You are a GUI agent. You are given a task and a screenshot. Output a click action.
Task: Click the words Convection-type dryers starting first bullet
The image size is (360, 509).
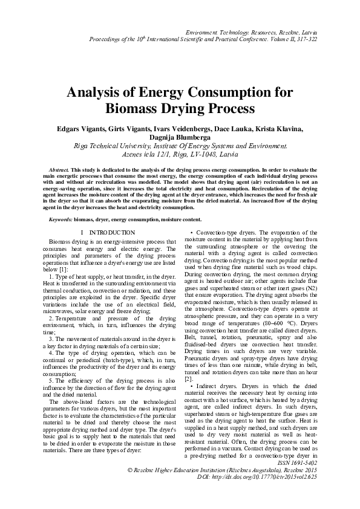coord(220,232)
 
